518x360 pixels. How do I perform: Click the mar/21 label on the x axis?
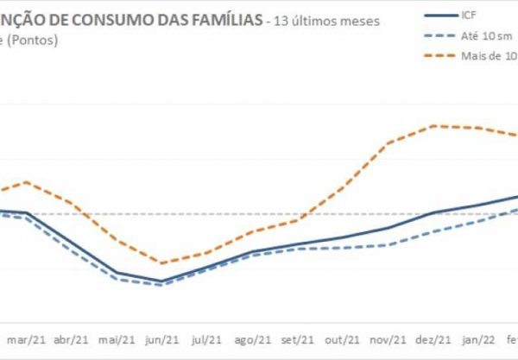[x=27, y=340]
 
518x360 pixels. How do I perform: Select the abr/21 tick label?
[x=72, y=340]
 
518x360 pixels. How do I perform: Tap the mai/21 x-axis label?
[x=117, y=340]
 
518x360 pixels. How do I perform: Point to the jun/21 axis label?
[x=162, y=340]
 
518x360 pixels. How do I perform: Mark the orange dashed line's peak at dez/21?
[x=434, y=126]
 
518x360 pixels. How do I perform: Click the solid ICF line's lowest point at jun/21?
[x=161, y=281]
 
